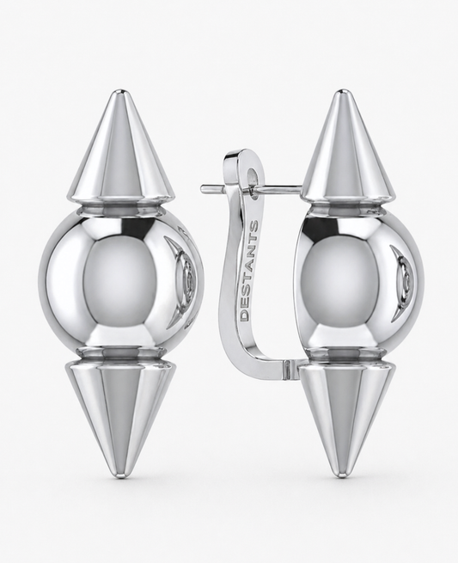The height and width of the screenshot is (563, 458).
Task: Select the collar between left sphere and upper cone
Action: pos(119,206)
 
